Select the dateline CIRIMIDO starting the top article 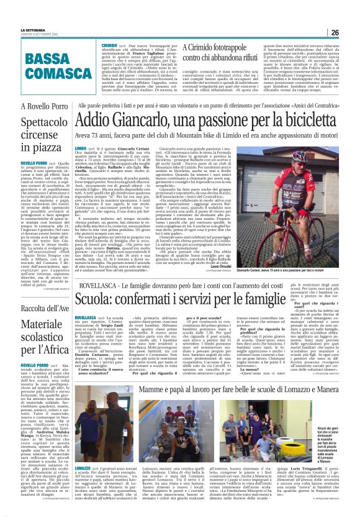[x=110, y=46]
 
